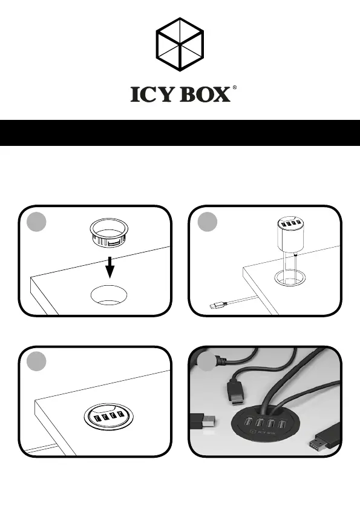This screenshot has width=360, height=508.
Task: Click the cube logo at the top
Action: pos(180,44)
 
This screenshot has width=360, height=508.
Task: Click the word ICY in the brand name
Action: pos(151,94)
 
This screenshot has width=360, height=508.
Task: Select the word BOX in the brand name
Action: pos(205,94)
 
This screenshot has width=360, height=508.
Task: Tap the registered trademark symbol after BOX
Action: pos(234,87)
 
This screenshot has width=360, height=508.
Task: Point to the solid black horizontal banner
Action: pos(180,133)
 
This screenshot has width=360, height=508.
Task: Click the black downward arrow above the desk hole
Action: pos(110,267)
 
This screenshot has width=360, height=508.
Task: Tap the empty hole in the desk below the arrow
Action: pos(109,295)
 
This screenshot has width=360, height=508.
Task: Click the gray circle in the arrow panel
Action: pos(36,222)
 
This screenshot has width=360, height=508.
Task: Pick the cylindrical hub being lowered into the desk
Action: pos(290,234)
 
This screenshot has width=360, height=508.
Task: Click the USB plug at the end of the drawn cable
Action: pos(217,305)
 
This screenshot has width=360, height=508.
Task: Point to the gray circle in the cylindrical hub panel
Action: pos(207,222)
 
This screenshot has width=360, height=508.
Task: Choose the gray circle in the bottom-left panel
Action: pos(36,361)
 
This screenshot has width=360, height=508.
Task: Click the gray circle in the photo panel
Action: pos(207,361)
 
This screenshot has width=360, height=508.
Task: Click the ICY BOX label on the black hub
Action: pos(263,432)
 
